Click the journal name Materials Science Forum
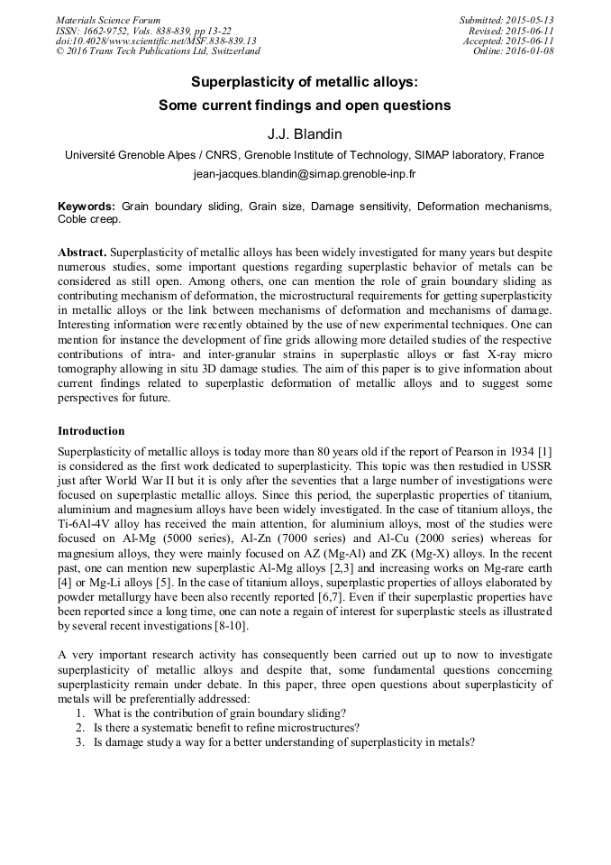pos(108,20)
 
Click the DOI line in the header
pos(156,41)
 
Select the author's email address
pos(305,173)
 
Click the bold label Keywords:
pos(87,207)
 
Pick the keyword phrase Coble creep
pos(89,219)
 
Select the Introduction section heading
pos(91,431)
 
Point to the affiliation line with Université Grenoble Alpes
pos(305,155)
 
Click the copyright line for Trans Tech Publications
pos(158,51)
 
